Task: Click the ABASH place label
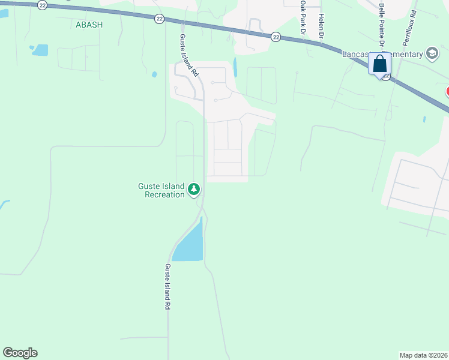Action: tap(89, 24)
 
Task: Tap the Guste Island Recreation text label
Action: tap(161, 190)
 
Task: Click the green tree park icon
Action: tap(194, 190)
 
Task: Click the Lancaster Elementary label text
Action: tap(382, 55)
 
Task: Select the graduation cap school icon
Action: tap(432, 54)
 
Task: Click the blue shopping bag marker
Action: tap(380, 64)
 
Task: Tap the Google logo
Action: tap(20, 353)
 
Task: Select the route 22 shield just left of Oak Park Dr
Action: tap(276, 37)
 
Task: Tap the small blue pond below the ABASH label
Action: tap(40, 50)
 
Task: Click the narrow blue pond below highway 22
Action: tap(235, 67)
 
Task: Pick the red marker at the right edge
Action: tap(447, 92)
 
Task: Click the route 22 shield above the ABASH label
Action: tap(42, 5)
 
